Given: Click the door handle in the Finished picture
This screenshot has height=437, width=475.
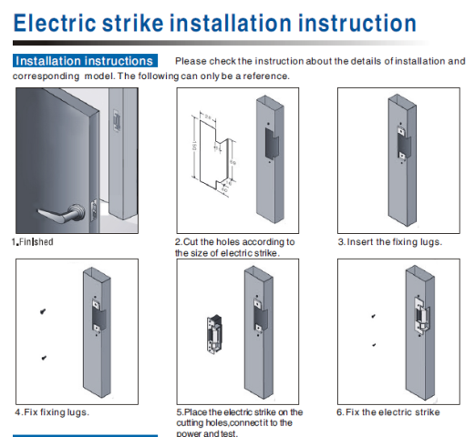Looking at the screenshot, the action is point(62,213).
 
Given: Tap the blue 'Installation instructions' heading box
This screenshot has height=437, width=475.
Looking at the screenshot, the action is point(85,61).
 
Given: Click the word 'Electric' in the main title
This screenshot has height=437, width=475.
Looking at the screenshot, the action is point(55,23).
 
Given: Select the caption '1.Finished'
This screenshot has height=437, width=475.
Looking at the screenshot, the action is point(33,242).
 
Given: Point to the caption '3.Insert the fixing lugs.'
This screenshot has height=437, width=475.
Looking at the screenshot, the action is point(390,242).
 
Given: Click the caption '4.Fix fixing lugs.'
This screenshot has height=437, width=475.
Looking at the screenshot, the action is point(52,412).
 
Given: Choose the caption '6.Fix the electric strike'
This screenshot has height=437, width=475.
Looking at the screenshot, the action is point(388,412).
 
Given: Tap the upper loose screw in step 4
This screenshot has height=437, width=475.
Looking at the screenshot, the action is point(43,311).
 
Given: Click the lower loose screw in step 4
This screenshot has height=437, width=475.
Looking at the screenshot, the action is point(44,358).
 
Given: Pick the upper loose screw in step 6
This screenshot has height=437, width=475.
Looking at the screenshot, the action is point(374,316).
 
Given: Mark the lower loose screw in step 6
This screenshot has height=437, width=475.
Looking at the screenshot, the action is point(374,345).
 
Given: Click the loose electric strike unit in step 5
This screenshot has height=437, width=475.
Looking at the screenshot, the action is point(214,334).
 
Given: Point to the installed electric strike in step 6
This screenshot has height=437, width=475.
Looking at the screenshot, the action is point(422,315).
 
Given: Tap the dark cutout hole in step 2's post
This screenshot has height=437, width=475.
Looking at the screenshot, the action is point(272,144).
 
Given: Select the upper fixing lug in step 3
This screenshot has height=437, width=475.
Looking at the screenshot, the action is point(401,131).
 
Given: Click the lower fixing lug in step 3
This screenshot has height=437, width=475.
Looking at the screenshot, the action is point(402,156).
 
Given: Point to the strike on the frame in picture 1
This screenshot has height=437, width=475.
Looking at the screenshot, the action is point(117,120).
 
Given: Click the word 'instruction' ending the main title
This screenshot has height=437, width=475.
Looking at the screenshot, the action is point(357,23).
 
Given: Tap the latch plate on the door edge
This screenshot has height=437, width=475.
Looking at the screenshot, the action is point(95,210).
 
